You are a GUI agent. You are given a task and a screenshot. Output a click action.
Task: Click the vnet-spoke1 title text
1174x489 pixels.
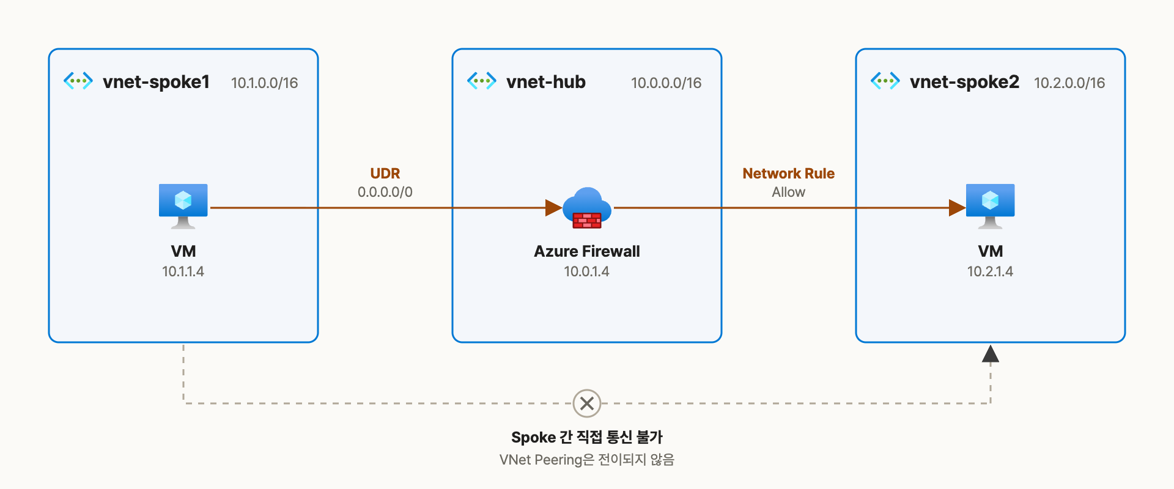point(156,82)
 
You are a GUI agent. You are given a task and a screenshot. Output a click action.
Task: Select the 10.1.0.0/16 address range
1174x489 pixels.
point(264,83)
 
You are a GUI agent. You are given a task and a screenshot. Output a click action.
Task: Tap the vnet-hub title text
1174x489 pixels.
point(546,82)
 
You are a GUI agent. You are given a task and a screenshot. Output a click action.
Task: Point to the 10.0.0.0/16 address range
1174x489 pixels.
point(666,83)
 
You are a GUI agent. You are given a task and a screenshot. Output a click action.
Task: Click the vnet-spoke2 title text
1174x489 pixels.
point(964,82)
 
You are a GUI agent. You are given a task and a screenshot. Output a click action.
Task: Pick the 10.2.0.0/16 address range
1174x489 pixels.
point(1069,83)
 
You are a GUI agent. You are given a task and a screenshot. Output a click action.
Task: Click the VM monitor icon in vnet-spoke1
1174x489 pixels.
point(183,206)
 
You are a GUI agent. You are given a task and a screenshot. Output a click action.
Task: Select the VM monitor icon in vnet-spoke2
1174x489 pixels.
point(991,206)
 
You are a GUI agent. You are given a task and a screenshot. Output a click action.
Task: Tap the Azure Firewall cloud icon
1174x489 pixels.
point(587,208)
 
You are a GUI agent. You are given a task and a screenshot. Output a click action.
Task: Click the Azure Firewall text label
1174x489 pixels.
point(587,251)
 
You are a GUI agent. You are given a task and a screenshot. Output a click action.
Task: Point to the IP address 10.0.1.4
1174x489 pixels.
point(587,271)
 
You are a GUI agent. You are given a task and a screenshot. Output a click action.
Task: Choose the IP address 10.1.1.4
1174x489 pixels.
point(183,271)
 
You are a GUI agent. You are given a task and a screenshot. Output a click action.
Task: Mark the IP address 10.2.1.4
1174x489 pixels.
point(990,271)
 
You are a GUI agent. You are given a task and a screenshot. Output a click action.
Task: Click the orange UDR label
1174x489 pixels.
point(385,174)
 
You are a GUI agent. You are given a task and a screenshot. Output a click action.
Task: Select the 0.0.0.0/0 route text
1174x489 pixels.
point(385,192)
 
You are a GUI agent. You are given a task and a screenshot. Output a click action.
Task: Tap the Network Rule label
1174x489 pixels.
point(789,174)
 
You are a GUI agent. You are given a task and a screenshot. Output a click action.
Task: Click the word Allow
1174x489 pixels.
point(789,192)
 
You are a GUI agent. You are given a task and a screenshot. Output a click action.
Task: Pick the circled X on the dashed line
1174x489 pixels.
point(587,403)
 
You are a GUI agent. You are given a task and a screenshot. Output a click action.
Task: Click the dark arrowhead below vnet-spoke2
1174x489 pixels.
point(991,354)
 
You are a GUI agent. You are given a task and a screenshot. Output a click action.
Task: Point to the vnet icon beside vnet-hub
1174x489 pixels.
point(482,81)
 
